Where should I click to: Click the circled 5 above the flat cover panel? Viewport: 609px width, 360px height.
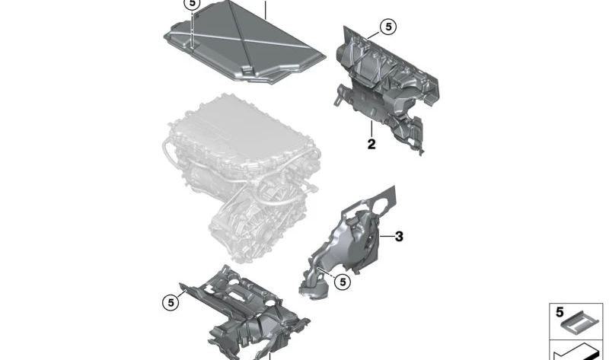[x=192, y=5]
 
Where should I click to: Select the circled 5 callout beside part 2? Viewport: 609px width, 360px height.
[x=387, y=27]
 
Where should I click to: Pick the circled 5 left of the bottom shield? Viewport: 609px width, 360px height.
[x=171, y=302]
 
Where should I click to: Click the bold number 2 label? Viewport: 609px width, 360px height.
[x=371, y=144]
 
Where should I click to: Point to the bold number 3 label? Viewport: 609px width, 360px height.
[x=399, y=237]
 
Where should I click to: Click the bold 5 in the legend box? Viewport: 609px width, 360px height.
[x=560, y=312]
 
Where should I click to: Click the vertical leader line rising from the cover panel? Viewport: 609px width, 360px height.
[x=265, y=9]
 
